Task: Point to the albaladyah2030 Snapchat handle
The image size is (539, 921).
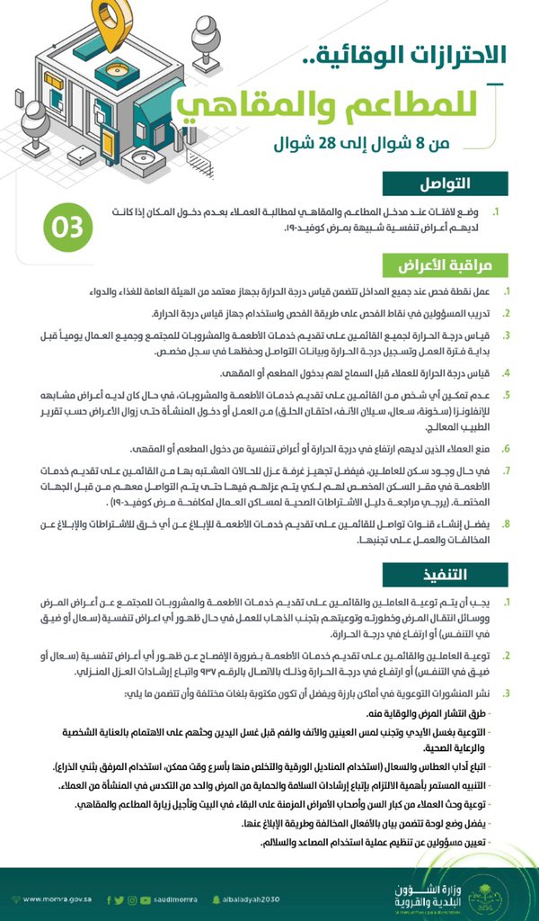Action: pyautogui.click(x=255, y=899)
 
